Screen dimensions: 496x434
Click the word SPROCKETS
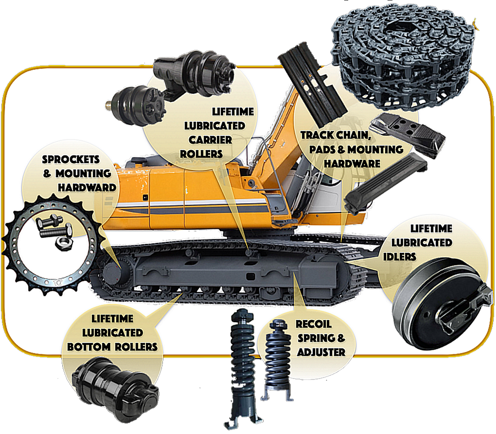pos(71,159)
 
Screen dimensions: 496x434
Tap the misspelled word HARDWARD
pos(87,188)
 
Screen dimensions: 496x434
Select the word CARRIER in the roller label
pos(211,140)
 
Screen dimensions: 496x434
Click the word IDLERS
pos(400,257)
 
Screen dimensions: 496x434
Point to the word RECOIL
pos(314,324)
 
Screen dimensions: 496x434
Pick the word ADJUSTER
pos(321,352)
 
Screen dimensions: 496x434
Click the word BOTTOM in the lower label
pos(89,347)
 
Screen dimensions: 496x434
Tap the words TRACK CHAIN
pos(336,135)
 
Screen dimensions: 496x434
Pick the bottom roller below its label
pos(115,389)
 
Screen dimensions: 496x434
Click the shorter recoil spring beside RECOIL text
pos(277,359)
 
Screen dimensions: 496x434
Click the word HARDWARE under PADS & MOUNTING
pos(352,164)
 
